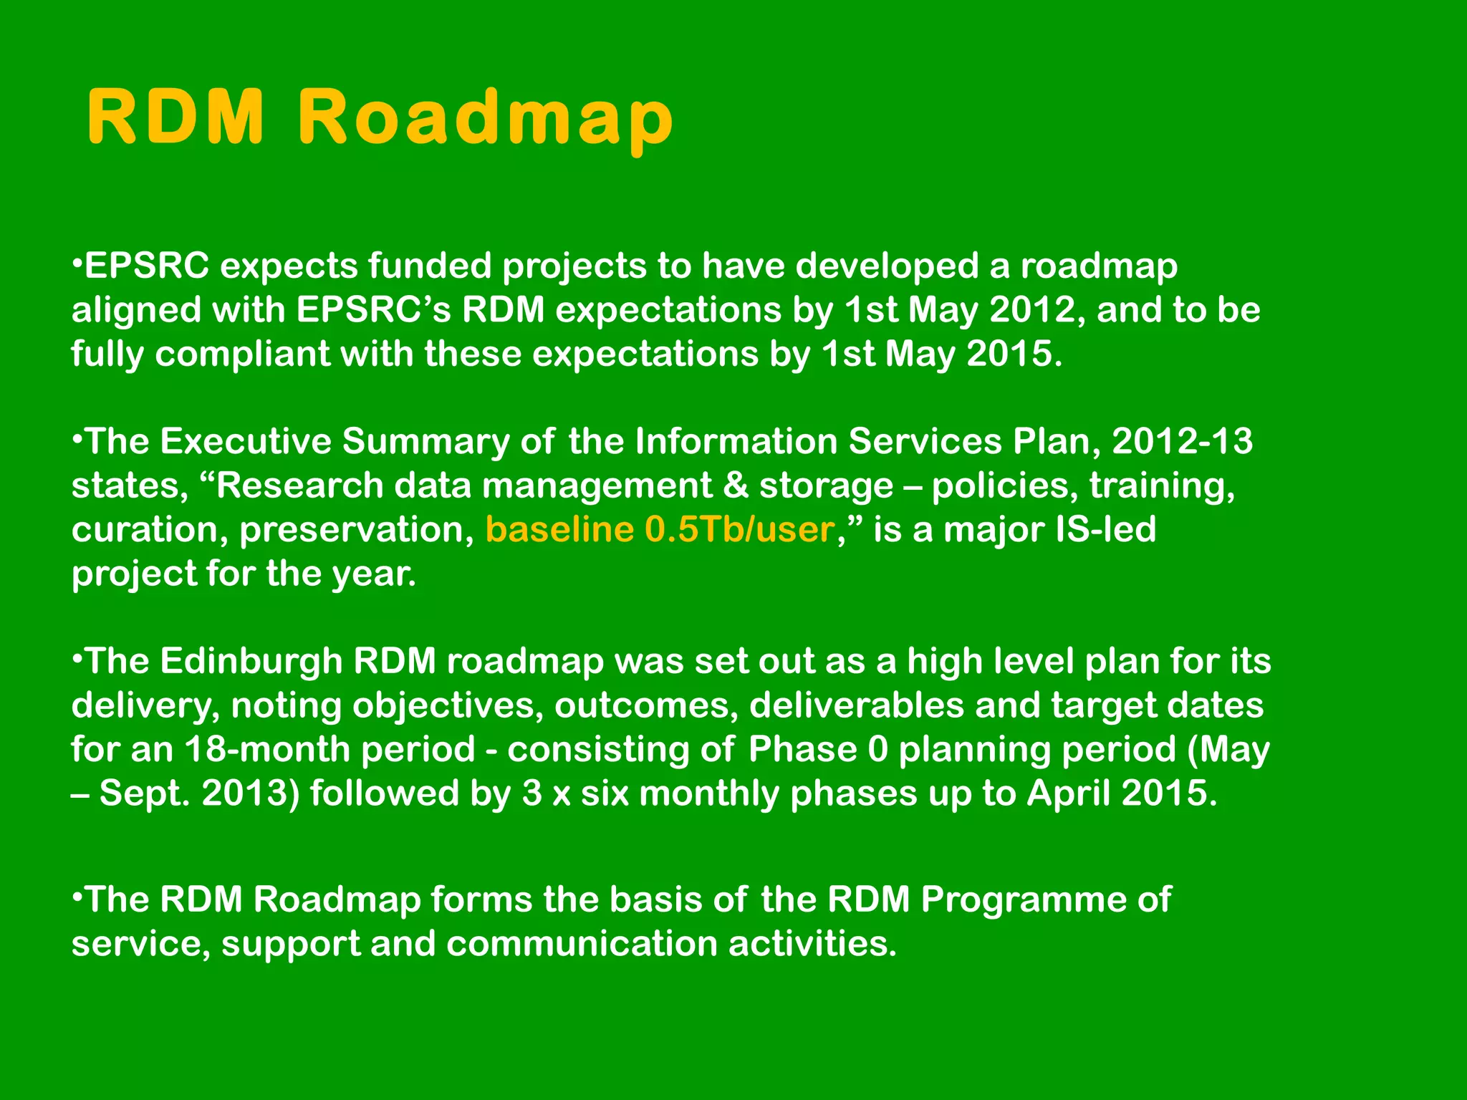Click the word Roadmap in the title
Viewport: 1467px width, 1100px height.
[x=485, y=117]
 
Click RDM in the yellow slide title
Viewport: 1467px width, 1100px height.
[x=175, y=117]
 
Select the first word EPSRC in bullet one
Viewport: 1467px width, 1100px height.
[x=147, y=266]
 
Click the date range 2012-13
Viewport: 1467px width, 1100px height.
[x=1182, y=441]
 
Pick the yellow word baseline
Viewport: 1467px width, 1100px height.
[x=559, y=530]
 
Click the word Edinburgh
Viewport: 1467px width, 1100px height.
[x=251, y=660]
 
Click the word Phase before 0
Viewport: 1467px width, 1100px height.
[x=802, y=749]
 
